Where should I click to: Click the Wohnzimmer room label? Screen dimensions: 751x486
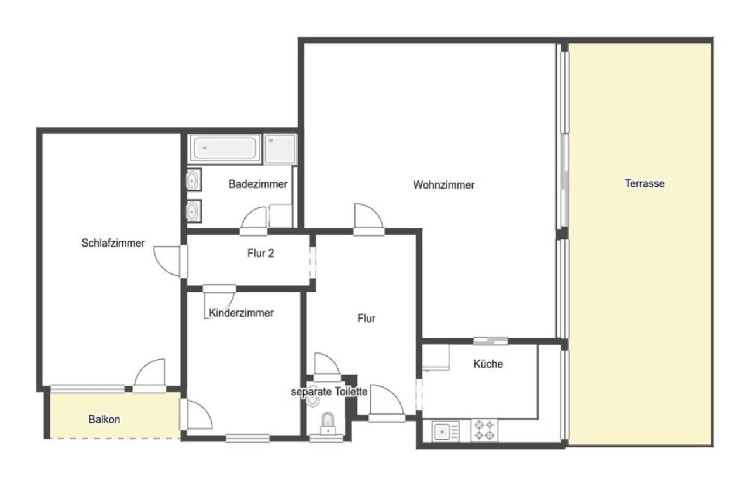tap(443, 184)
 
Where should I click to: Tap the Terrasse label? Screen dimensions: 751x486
tap(645, 183)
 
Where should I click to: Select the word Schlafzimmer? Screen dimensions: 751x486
tap(113, 242)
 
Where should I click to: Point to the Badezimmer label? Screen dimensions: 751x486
tap(258, 184)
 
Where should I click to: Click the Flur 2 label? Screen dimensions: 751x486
tap(260, 253)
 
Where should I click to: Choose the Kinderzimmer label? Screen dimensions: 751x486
tap(241, 313)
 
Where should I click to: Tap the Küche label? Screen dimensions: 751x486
tap(488, 364)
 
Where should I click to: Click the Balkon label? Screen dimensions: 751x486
tap(104, 419)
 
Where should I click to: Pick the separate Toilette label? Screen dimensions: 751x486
tap(329, 392)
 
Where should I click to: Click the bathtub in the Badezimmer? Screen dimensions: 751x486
tap(224, 149)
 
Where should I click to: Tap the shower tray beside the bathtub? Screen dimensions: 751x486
tap(280, 149)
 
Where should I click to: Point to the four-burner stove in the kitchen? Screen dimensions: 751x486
tap(484, 430)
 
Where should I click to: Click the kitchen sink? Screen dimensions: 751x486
tap(445, 430)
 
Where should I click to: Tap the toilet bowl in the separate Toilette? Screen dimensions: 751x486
tap(328, 423)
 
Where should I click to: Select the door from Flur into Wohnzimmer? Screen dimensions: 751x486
tap(369, 219)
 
